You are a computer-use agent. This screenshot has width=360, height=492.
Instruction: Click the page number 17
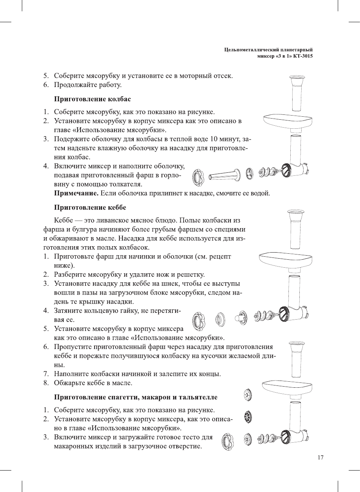[x=320, y=457]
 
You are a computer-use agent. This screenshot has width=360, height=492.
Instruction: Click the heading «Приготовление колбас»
[x=92, y=99]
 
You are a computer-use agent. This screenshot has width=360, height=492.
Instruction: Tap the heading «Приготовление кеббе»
[x=90, y=207]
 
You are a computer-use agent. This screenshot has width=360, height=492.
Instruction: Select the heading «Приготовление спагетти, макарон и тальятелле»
[x=136, y=397]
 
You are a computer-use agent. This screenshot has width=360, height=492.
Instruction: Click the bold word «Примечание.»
[x=76, y=193]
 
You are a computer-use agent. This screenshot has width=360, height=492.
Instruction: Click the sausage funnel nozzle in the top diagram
[x=225, y=175]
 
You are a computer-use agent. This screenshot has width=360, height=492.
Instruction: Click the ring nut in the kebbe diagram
[x=198, y=321]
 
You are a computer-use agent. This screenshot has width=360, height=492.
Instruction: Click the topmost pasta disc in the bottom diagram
[x=247, y=395]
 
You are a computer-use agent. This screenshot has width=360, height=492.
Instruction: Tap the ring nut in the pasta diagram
[x=227, y=441]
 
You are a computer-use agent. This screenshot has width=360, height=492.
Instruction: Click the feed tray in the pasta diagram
[x=287, y=387]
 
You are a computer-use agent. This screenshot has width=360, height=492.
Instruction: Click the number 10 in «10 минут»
[x=214, y=139]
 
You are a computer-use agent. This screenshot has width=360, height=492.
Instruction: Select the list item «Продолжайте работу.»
[x=87, y=85]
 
